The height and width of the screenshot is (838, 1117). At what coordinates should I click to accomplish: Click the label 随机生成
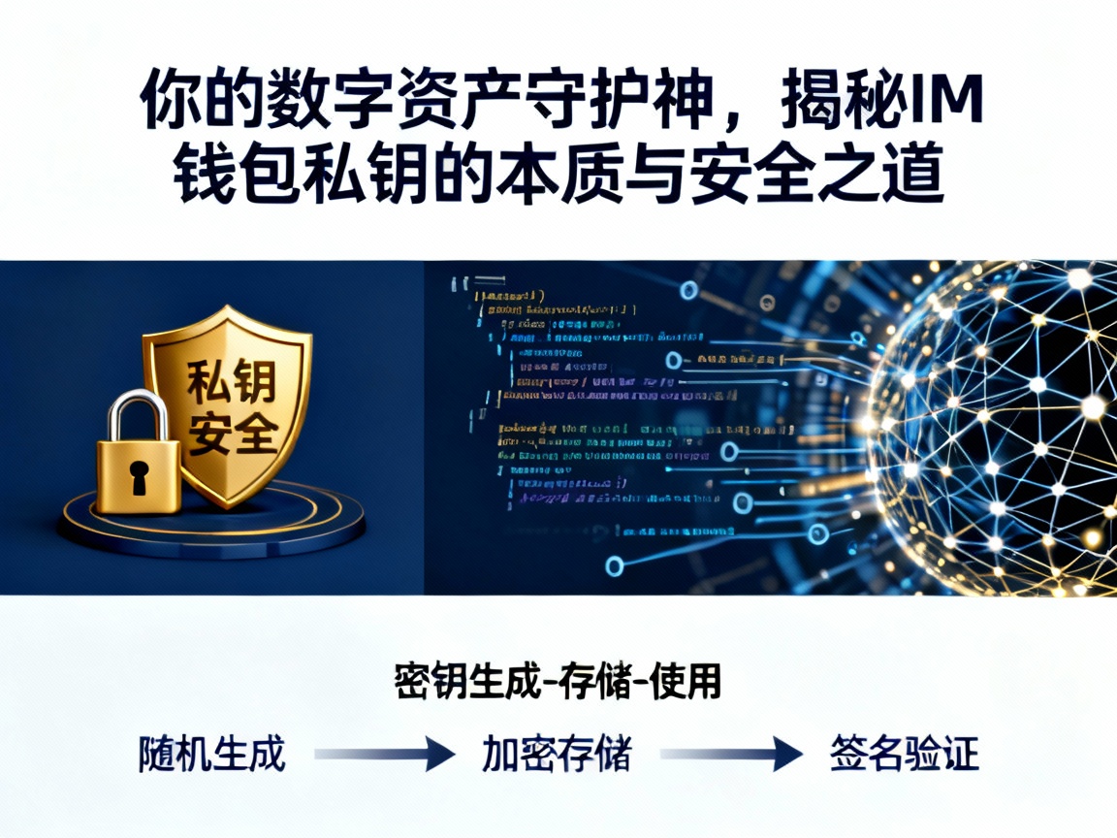tap(212, 754)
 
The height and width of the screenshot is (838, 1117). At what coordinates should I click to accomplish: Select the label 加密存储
tap(557, 754)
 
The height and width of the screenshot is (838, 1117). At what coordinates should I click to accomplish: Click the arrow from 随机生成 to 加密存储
tap(385, 754)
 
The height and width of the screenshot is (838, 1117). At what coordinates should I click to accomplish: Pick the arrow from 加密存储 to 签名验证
tap(732, 754)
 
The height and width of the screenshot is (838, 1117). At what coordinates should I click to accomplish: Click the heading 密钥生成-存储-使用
tap(558, 682)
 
